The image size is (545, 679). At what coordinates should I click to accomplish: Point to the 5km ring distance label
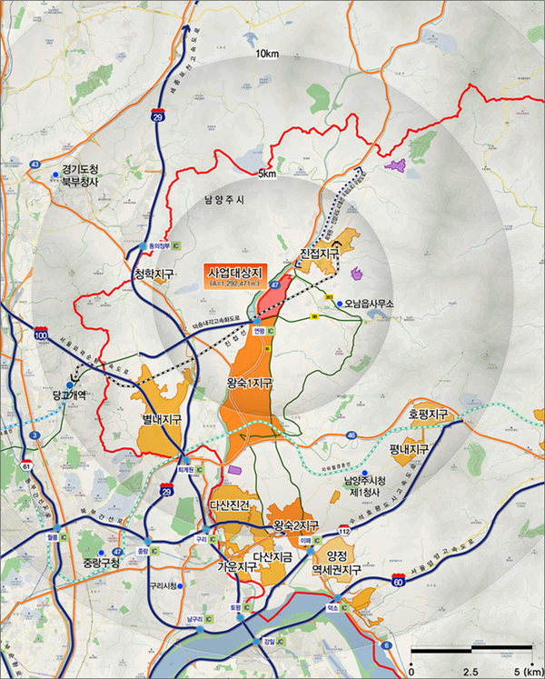pos(266,173)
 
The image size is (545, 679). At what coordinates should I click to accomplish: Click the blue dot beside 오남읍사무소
pos(339,304)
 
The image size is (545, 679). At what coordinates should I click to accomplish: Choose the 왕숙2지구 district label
pos(297,525)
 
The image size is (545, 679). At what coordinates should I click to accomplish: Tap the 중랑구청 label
pos(94,564)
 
